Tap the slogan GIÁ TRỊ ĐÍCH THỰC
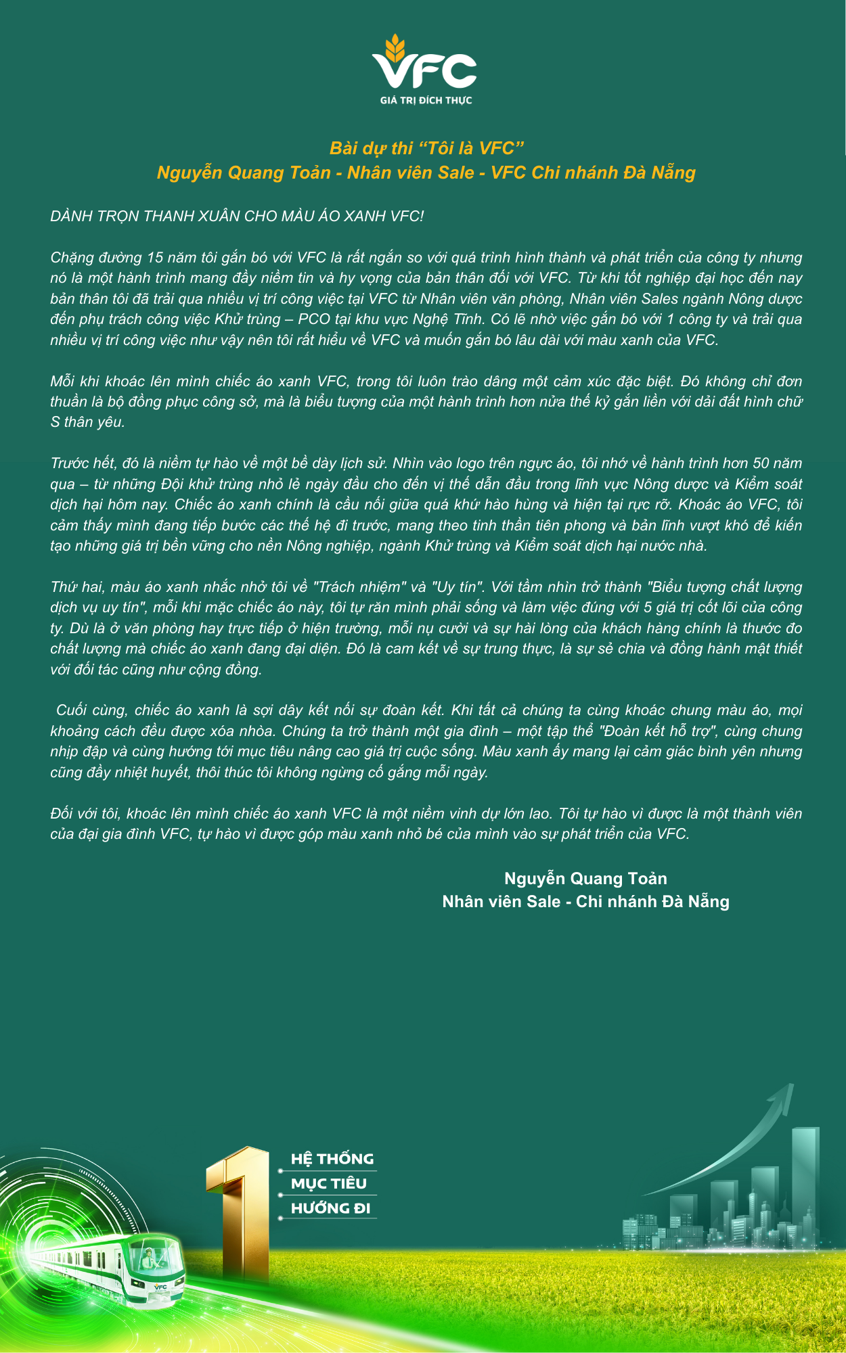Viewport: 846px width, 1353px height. click(x=426, y=100)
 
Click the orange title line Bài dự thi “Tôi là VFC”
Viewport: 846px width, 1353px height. click(x=427, y=148)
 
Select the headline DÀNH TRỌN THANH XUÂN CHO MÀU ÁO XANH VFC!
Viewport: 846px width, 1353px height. click(x=237, y=216)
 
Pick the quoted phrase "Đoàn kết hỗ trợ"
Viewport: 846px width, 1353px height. click(x=654, y=731)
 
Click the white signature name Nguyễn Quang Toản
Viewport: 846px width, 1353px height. click(x=585, y=879)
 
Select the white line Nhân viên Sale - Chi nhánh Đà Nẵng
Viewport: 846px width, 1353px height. click(x=585, y=902)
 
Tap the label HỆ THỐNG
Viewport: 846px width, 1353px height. click(x=332, y=1160)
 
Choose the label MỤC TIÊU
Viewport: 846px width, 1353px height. click(x=328, y=1184)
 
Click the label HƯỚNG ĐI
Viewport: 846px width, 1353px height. click(x=330, y=1208)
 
